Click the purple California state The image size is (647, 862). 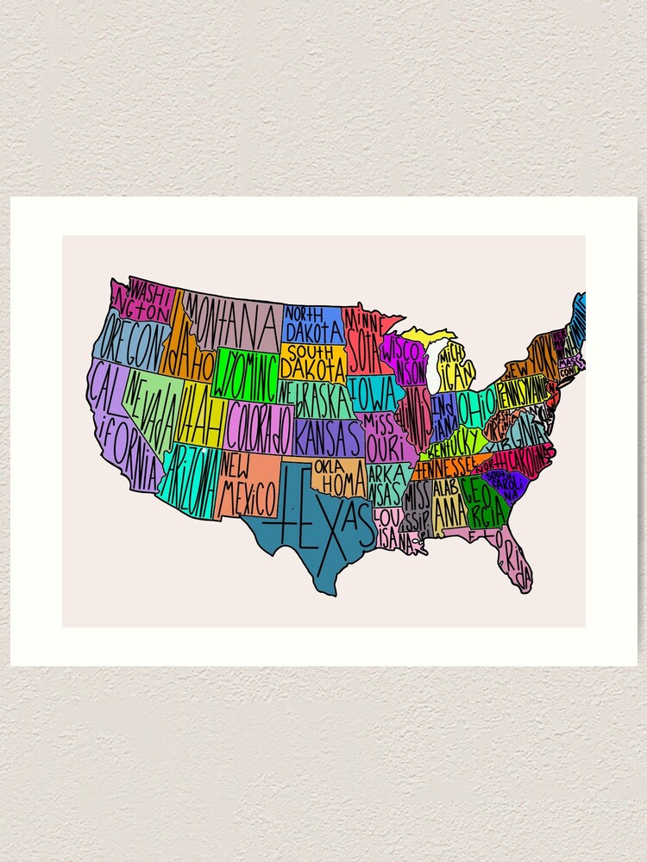[x=116, y=422]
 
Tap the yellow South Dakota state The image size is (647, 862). [x=314, y=363]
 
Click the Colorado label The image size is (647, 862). [x=260, y=426]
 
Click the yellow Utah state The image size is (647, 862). [x=198, y=414]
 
